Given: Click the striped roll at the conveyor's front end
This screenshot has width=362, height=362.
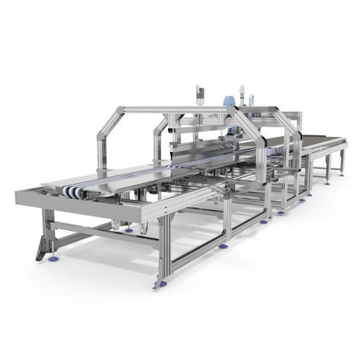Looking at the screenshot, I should click(72, 191).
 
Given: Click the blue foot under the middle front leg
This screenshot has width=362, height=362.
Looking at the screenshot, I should click(223, 246).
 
